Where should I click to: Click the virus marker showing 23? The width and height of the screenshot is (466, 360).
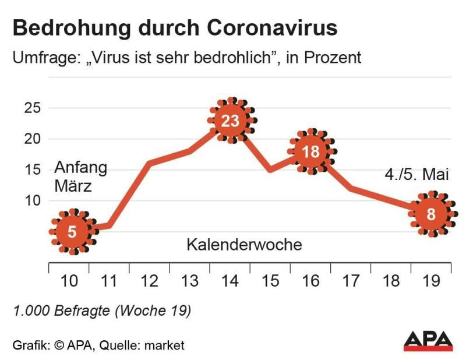click(x=231, y=121)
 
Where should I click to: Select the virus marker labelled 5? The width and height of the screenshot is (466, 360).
click(x=72, y=232)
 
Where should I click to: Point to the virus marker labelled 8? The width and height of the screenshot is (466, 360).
click(x=431, y=214)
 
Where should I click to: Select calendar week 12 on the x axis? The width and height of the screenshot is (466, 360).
click(x=150, y=281)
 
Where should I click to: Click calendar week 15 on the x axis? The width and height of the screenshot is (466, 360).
click(x=270, y=281)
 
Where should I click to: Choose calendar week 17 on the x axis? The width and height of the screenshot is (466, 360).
click(x=351, y=281)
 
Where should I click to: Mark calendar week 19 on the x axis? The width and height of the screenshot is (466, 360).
click(x=432, y=281)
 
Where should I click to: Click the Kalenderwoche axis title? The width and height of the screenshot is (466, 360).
click(x=244, y=245)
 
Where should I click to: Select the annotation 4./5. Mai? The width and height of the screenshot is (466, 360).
click(x=416, y=175)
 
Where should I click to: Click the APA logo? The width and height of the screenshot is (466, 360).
click(x=428, y=341)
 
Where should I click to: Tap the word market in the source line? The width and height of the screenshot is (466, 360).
click(x=165, y=345)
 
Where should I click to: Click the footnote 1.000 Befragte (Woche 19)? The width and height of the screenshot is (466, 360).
click(x=102, y=311)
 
